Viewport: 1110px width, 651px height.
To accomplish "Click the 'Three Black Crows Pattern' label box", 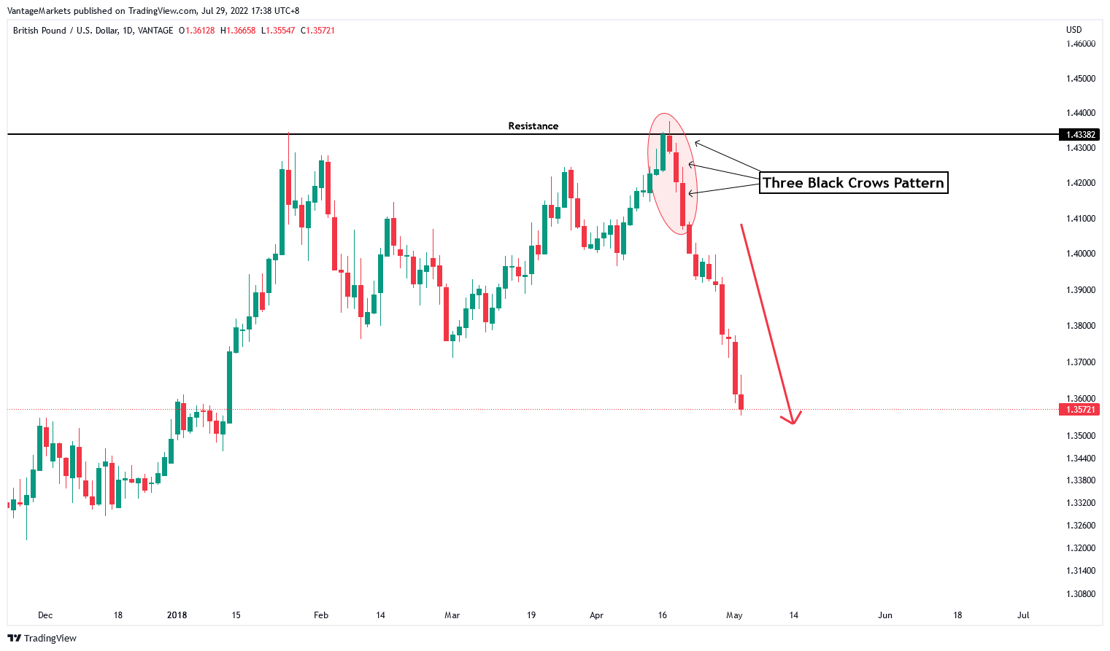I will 853,183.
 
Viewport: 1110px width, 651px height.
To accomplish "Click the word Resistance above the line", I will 533,126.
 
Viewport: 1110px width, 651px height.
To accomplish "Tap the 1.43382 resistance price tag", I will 1080,135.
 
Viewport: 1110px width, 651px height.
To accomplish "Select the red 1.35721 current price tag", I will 1080,410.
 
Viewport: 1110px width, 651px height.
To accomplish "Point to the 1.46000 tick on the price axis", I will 1080,44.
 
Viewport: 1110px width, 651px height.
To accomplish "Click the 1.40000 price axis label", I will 1080,254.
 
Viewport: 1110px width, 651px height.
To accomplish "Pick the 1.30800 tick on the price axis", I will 1080,594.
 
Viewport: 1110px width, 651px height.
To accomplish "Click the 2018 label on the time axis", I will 177,615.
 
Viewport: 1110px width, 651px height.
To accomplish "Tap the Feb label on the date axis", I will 321,615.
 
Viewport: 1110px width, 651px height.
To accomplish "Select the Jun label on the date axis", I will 884,615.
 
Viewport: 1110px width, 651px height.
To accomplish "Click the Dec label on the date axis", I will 45,615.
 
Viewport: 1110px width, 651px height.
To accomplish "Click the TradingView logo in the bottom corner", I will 42,639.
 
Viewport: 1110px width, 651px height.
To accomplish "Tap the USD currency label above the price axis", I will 1074,30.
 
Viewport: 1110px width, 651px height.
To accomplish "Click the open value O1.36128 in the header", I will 197,31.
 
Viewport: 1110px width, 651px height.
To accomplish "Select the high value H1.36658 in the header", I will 238,31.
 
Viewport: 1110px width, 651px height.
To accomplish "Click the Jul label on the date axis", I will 1023,615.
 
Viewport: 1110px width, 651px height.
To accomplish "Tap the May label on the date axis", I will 734,615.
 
